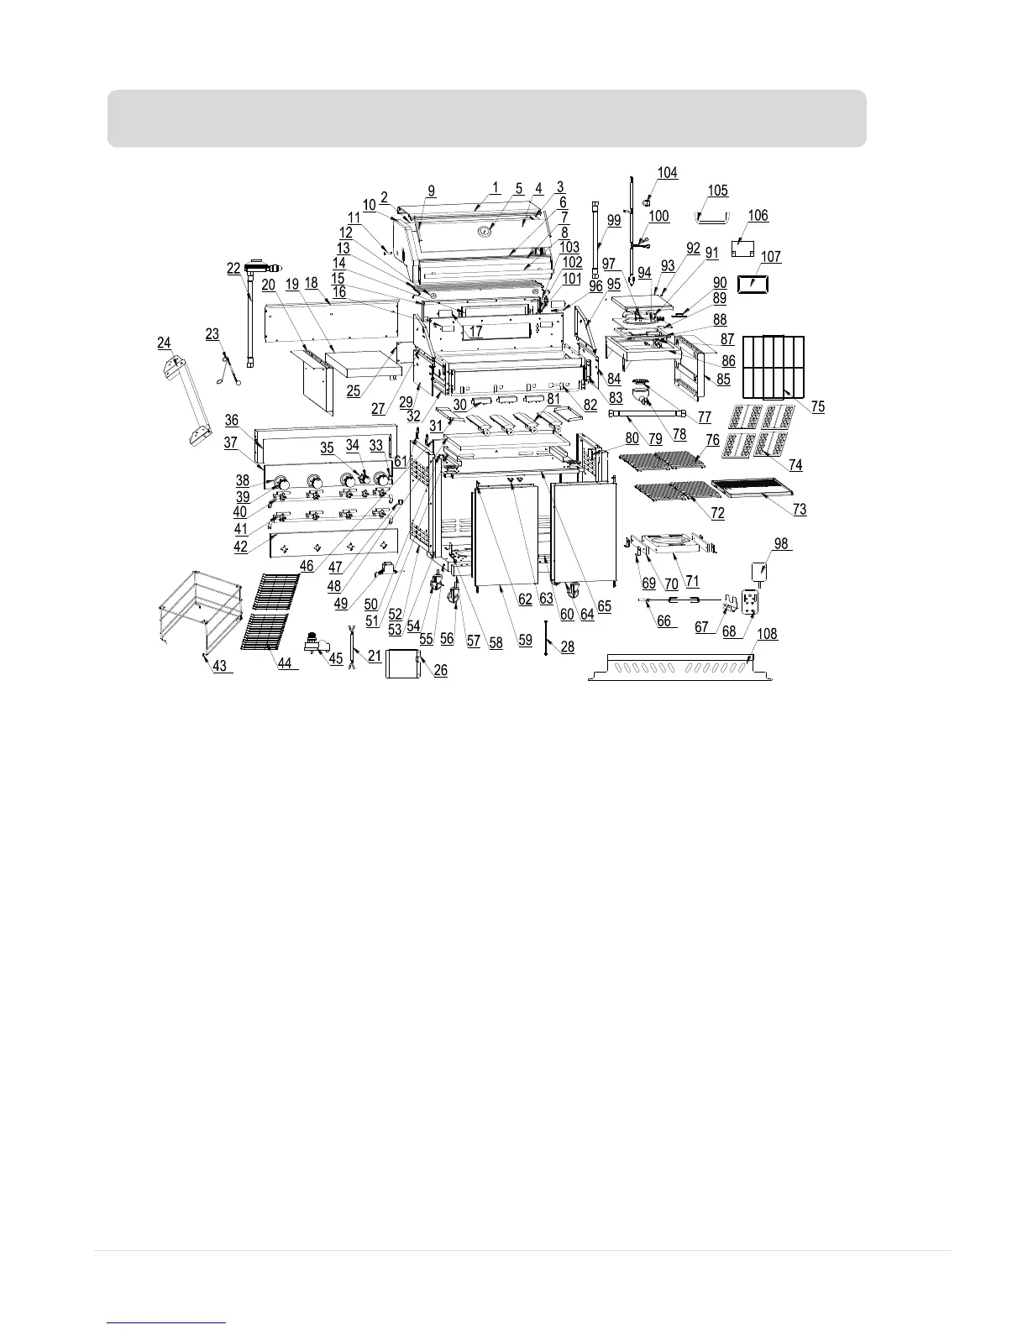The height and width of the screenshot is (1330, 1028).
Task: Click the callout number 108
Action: (x=767, y=635)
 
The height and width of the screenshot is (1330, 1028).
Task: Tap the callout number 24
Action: (x=164, y=343)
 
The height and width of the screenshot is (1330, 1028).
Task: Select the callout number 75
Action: (x=817, y=406)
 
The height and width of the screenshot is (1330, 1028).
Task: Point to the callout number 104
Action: (x=667, y=173)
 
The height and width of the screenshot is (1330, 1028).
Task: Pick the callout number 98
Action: (x=781, y=544)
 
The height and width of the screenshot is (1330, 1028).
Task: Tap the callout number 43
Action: (x=219, y=666)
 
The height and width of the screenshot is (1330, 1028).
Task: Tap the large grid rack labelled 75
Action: (x=774, y=366)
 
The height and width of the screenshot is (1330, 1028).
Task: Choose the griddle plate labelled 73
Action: (x=753, y=488)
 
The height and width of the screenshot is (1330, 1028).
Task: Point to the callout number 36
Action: (x=231, y=420)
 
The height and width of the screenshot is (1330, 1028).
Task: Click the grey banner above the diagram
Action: (x=486, y=118)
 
